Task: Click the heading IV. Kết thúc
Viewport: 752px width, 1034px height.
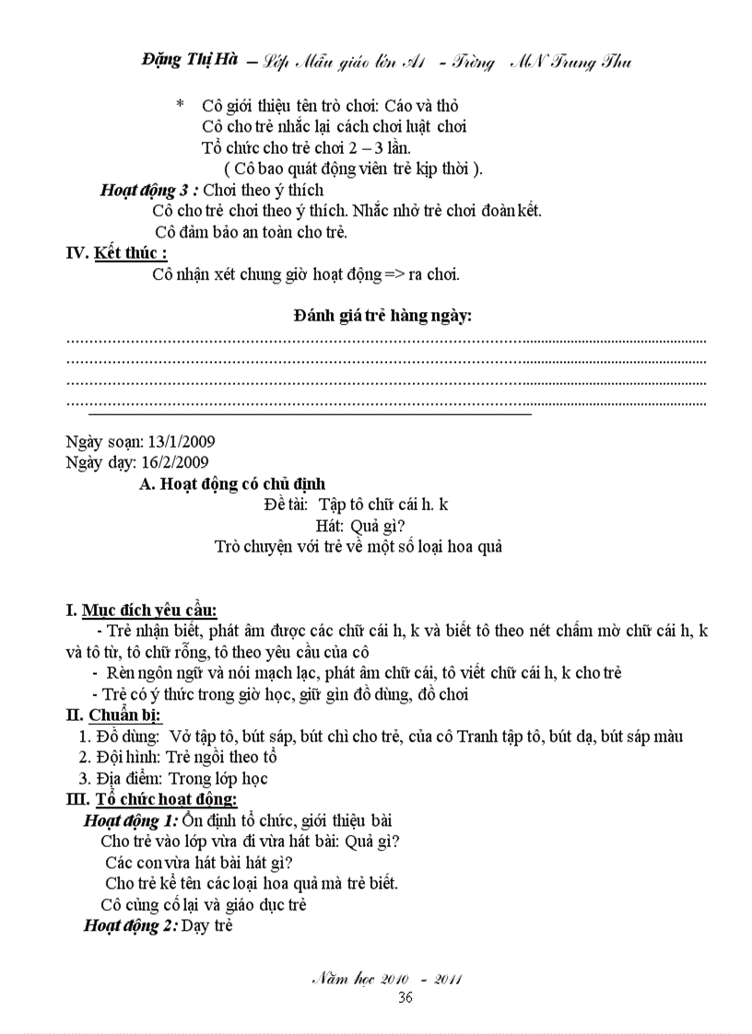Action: (x=117, y=252)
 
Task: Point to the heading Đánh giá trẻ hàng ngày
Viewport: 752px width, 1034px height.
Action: (x=382, y=316)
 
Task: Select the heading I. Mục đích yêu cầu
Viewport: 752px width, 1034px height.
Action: (x=141, y=610)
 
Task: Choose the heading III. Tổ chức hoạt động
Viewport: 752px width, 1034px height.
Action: (x=151, y=798)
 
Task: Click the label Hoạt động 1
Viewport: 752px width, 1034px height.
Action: (x=131, y=819)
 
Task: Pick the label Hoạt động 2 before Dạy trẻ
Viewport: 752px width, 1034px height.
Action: (x=131, y=925)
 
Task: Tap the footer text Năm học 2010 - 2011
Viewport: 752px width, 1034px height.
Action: (x=387, y=979)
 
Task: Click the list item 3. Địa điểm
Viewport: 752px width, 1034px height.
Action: (x=173, y=778)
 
